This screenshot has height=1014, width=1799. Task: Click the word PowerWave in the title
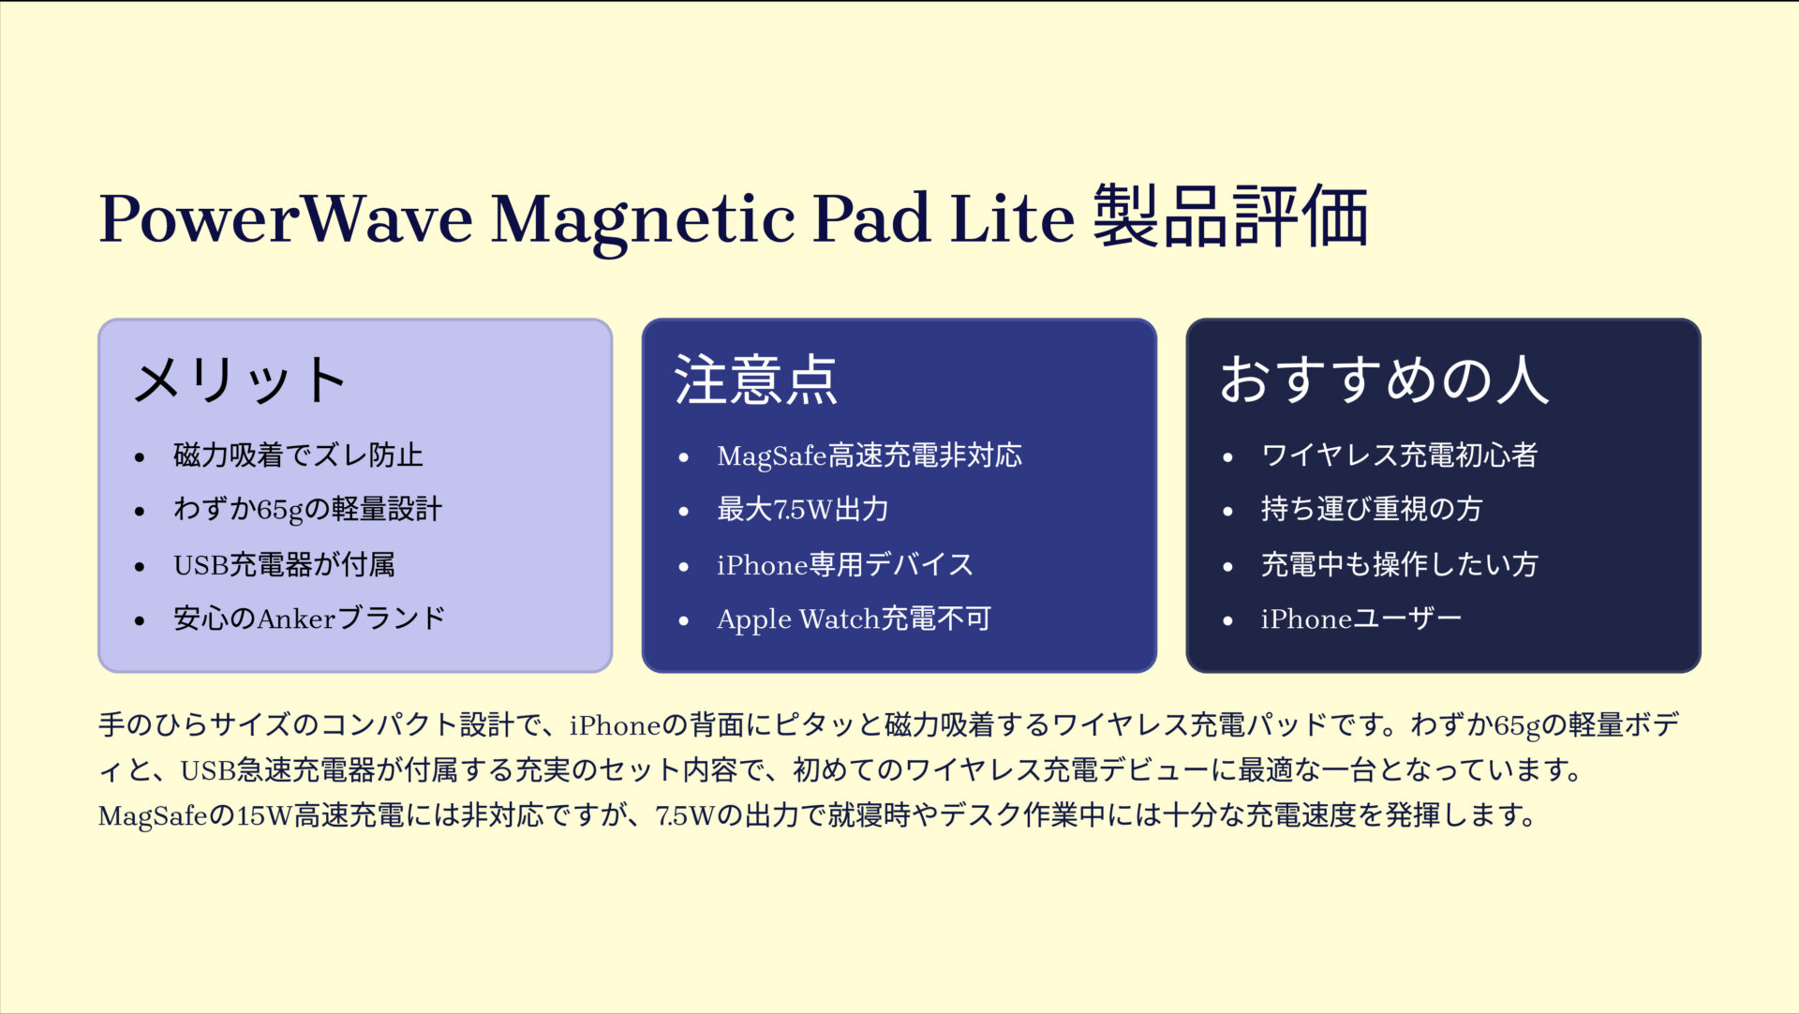pyautogui.click(x=286, y=219)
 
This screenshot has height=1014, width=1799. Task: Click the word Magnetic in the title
pyautogui.click(x=644, y=219)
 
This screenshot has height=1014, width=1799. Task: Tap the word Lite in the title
pyautogui.click(x=1011, y=219)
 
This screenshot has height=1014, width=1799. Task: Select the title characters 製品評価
pyautogui.click(x=1230, y=217)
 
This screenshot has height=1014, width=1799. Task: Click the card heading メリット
pyautogui.click(x=240, y=380)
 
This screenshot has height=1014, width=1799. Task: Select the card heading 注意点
pyautogui.click(x=755, y=380)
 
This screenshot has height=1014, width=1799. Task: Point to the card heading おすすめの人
pyautogui.click(x=1383, y=380)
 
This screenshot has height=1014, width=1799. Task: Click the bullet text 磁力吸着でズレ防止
pyautogui.click(x=298, y=455)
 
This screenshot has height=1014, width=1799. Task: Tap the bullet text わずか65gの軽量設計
pyautogui.click(x=307, y=510)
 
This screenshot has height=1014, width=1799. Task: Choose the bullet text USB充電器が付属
pyautogui.click(x=284, y=565)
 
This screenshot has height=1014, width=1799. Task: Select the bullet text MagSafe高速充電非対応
pyautogui.click(x=869, y=456)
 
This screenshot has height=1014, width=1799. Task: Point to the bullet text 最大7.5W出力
pyautogui.click(x=802, y=510)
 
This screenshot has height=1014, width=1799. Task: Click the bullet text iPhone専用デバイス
pyautogui.click(x=844, y=565)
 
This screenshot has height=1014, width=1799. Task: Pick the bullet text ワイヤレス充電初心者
pyautogui.click(x=1399, y=455)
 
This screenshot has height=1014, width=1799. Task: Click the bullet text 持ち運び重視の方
pyautogui.click(x=1371, y=510)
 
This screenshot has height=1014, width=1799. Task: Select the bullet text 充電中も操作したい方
pyautogui.click(x=1399, y=565)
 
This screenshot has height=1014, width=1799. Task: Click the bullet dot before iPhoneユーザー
pyautogui.click(x=1227, y=620)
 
